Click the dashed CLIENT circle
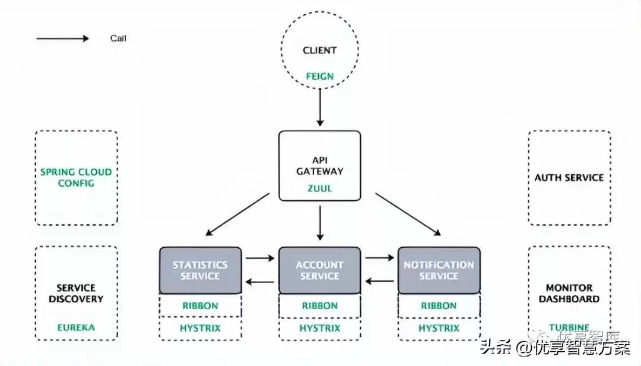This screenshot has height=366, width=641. point(320,51)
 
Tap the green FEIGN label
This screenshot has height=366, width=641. point(320,77)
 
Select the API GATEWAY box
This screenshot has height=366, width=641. point(320,165)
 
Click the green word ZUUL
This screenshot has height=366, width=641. point(320,188)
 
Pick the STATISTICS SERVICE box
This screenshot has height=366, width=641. point(200,270)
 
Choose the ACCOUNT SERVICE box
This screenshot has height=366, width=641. point(320,270)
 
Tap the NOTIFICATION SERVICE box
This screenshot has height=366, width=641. point(439,270)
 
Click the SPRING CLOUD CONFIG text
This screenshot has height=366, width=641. point(76,178)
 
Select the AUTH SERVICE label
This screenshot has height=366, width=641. point(569,178)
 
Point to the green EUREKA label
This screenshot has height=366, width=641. point(76,327)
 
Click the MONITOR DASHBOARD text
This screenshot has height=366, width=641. point(569,294)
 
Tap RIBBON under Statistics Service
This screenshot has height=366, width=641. point(200,306)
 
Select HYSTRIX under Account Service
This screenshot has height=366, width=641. point(320,328)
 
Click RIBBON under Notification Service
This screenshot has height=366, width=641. point(439,306)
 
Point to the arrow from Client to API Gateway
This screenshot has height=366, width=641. point(320,108)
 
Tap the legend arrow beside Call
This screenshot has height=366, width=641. point(62,39)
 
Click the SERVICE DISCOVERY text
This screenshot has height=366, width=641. point(76,294)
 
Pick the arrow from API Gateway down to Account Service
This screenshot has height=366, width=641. point(320,222)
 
